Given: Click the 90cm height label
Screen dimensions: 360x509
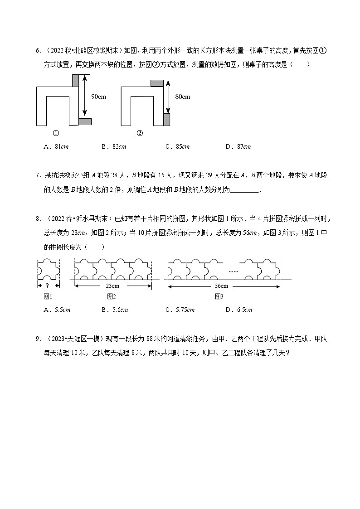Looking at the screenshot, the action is [98, 97].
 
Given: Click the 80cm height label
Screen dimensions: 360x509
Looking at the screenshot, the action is [183, 97].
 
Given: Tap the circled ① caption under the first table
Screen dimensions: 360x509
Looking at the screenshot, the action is [56, 133].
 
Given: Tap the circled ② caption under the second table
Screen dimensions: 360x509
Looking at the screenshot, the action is [140, 133].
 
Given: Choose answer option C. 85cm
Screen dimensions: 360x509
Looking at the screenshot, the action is [177, 146].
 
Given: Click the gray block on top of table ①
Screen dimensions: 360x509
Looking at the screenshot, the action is [75, 80].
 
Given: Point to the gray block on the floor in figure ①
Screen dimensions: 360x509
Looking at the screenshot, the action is [85, 121].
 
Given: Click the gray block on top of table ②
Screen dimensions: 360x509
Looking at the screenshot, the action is [157, 82].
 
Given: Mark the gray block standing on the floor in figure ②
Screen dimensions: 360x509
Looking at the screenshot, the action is [166, 120].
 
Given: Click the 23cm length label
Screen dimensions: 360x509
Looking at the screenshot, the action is [112, 286].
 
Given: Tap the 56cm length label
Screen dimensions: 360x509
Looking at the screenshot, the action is [224, 286].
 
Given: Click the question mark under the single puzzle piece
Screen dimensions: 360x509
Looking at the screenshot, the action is [48, 286].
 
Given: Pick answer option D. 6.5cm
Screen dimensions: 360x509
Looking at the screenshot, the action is [238, 310].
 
